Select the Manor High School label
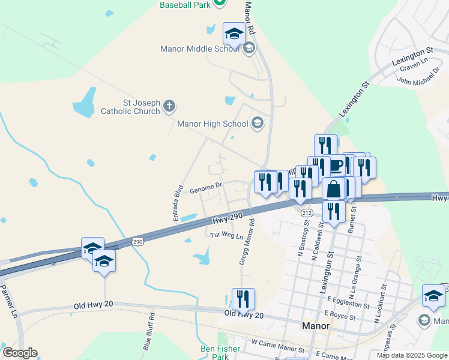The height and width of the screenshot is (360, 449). (212, 124)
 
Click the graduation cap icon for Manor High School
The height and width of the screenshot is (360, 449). (257, 124)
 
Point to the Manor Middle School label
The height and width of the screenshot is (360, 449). (200, 49)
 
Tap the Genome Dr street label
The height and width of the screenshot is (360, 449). (206, 188)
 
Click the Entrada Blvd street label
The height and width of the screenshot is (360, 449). (178, 203)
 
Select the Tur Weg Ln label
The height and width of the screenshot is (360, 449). (226, 236)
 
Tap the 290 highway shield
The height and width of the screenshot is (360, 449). (137, 241)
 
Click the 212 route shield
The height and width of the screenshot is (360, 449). (307, 213)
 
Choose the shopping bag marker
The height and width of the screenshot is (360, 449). (334, 188)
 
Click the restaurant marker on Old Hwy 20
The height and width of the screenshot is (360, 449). (243, 298)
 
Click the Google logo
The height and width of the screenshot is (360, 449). (20, 353)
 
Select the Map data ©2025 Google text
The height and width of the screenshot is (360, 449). (412, 355)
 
